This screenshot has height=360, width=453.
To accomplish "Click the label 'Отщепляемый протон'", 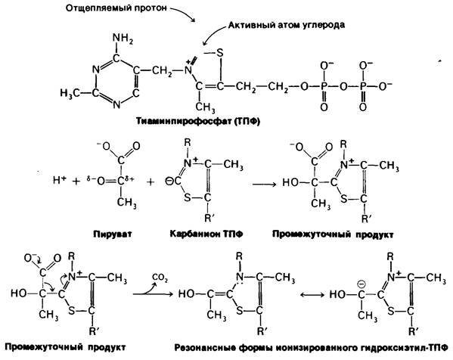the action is click(116, 8).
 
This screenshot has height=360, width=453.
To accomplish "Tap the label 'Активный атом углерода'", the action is click(287, 25).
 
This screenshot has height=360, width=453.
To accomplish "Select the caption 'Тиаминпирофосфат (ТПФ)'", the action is click(198, 121).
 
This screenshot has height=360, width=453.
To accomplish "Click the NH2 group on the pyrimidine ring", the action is click(123, 38).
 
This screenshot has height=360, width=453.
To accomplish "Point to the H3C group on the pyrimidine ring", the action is click(70, 93).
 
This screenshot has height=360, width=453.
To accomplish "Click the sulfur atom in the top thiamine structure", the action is click(220, 53).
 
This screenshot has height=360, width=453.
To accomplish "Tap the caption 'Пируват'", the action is click(113, 234).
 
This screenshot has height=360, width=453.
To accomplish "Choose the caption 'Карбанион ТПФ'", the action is click(206, 234).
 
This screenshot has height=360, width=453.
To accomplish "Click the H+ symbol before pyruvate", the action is click(60, 180).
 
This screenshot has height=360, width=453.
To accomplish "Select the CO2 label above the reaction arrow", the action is click(160, 278).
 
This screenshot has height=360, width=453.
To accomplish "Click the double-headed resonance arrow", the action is click(312, 295).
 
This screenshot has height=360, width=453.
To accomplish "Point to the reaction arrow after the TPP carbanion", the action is click(265, 184).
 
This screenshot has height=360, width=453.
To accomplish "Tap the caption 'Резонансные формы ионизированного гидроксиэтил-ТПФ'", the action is click(311, 348).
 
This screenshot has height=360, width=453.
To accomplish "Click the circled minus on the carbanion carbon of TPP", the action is click(168, 182).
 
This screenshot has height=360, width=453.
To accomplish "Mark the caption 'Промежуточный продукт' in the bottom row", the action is click(65, 346).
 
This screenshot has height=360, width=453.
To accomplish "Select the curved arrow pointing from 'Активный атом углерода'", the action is click(212, 33).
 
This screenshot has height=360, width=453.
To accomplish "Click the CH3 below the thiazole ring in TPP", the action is click(205, 107).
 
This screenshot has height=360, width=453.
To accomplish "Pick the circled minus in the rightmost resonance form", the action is click(361, 284).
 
